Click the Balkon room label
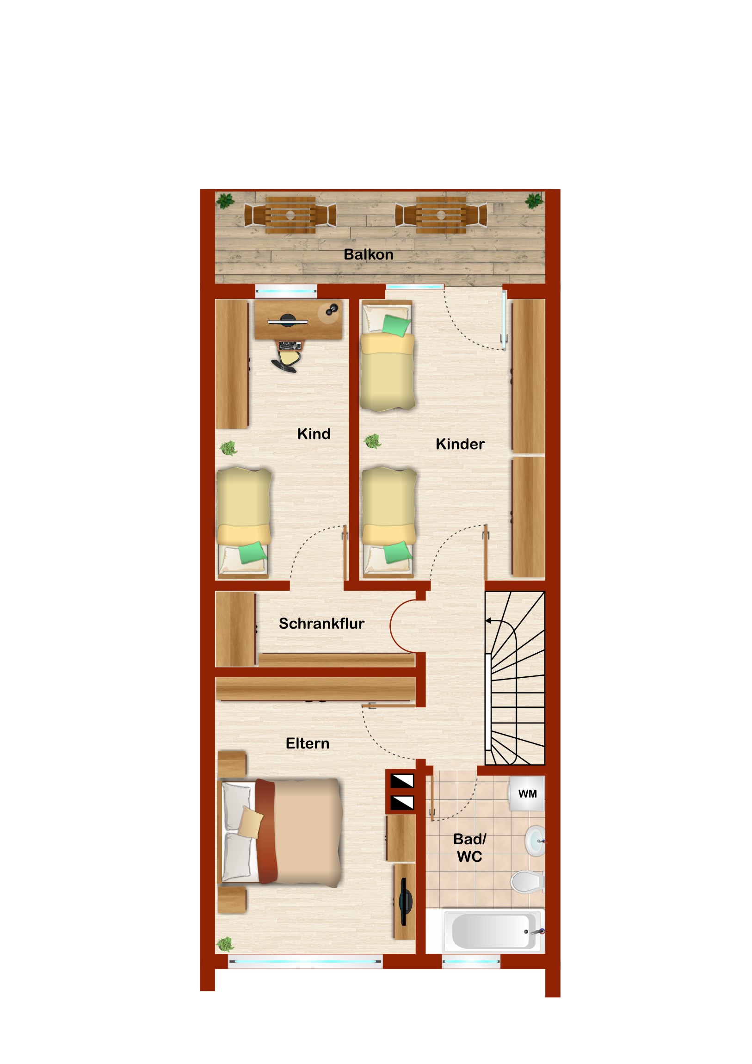coord(368,254)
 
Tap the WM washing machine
coord(527,794)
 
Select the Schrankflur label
coord(321,624)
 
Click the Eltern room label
coord(307,743)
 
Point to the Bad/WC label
coord(470,847)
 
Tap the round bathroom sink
coord(535,840)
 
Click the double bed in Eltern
coord(280,832)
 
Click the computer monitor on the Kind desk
coord(288,320)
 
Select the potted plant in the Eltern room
coord(226,944)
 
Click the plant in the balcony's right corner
coord(534,201)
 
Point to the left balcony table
coord(290,215)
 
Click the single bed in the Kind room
coord(243,523)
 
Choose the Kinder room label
coord(460,444)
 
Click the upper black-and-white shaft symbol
coord(402,781)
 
